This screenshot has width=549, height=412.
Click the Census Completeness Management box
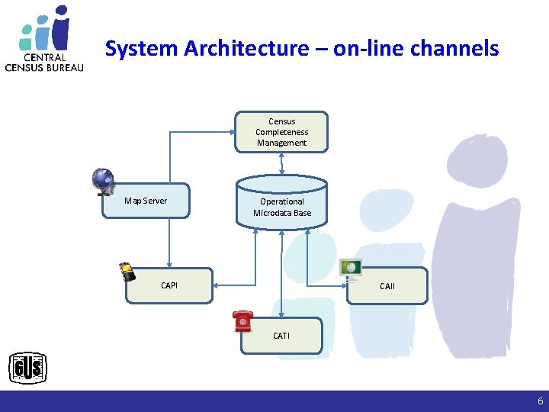282,132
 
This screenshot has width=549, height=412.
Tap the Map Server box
146,201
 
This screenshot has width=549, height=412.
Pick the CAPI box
169,285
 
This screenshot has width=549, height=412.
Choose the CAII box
387,286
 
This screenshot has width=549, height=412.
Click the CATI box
281,336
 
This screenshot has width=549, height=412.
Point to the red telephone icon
242,321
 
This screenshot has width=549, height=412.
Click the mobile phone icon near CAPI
127,272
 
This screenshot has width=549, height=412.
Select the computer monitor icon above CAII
351,267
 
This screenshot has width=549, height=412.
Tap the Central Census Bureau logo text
44,62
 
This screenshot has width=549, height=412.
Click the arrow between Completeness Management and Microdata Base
282,162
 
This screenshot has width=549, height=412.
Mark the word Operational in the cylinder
282,201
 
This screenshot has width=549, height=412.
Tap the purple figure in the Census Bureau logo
60,27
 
